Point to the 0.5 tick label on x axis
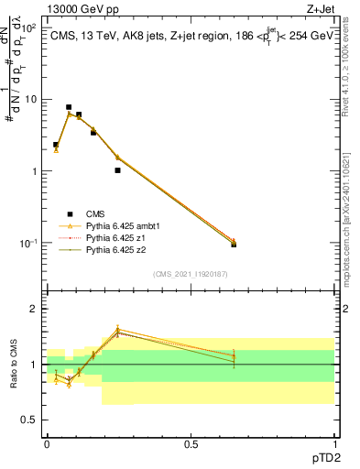(191, 442)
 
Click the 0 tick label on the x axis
(47, 442)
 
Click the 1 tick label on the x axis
(335, 442)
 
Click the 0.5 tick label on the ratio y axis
(30, 420)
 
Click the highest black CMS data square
(69, 107)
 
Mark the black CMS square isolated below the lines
(117, 170)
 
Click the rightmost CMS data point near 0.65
(234, 245)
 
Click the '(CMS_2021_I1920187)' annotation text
(191, 273)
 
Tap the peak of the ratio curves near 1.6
(117, 330)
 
